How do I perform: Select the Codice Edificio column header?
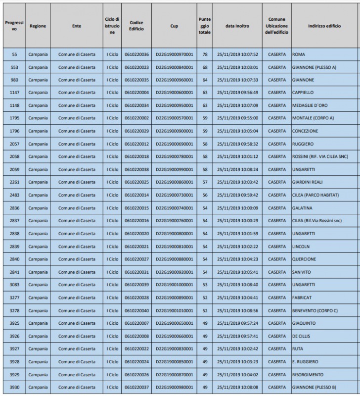click(136, 26)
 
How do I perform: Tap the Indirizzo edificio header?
click(324, 26)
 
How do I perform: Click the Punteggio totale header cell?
click(204, 26)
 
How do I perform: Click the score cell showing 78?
click(204, 54)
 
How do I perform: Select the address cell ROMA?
click(298, 54)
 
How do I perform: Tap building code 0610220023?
click(136, 67)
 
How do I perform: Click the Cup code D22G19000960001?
click(174, 80)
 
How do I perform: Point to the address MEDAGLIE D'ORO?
click(310, 106)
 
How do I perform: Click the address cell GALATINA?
click(302, 208)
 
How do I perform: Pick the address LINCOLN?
click(301, 247)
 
